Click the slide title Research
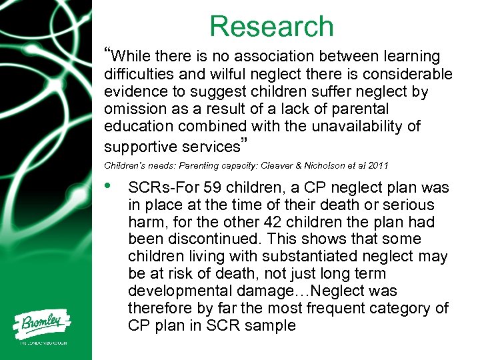point(271,26)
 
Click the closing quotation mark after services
point(244,142)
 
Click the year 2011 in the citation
point(377,165)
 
